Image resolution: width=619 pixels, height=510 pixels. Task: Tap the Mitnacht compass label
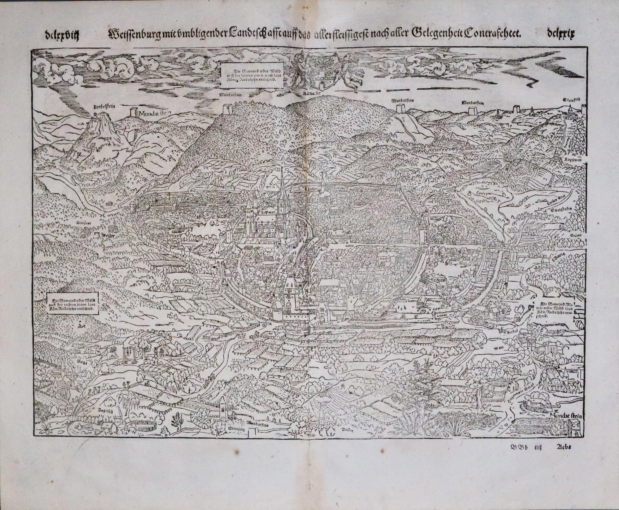pos(312,95)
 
